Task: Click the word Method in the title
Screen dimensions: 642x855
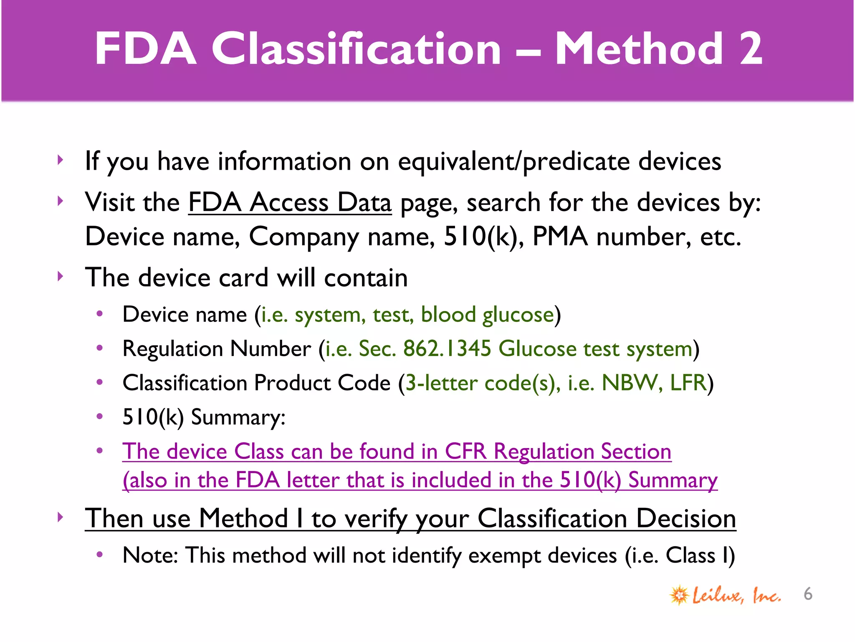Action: [639, 49]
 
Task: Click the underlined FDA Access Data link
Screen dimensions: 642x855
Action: [290, 203]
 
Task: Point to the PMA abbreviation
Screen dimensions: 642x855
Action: [559, 237]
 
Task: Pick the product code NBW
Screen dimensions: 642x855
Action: [628, 383]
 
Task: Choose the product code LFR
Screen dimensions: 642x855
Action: [688, 383]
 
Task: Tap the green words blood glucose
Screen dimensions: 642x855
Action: [487, 315]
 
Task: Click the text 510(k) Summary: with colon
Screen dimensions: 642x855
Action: [204, 417]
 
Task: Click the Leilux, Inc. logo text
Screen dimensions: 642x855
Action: [736, 595]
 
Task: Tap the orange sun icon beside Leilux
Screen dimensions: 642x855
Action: [679, 595]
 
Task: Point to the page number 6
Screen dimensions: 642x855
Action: [808, 594]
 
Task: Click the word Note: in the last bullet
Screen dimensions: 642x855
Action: [150, 556]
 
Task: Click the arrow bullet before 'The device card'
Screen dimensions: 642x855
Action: [61, 276]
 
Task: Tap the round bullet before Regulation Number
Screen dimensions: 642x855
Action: [99, 348]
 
